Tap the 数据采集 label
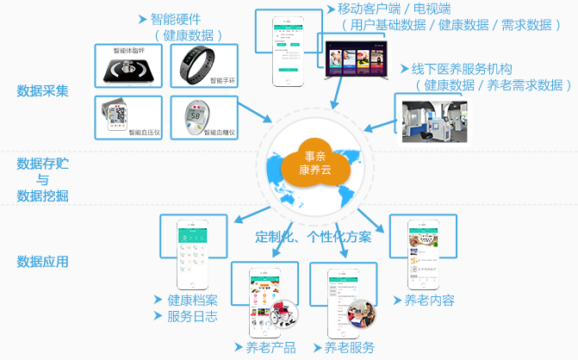pos(42,90)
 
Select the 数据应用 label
pos(42,262)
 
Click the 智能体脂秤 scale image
pos(127,66)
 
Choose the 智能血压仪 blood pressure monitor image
pos(127,118)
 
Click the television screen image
pos(355,62)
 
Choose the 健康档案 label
pos(192,301)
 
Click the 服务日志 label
pos(192,316)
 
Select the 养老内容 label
pos(429,301)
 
